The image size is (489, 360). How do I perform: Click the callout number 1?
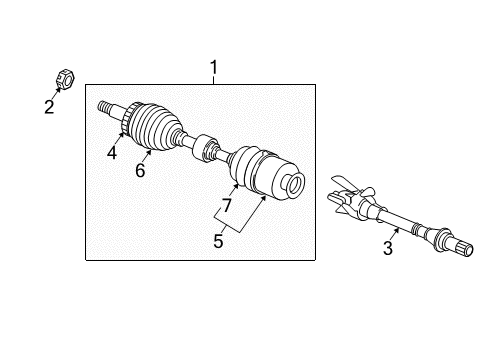213,67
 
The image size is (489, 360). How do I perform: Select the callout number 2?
49,107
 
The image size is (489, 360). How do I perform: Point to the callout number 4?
112,153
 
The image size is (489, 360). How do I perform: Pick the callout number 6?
140,171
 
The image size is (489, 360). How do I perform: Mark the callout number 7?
227,205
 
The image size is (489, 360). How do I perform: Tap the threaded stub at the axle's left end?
104,105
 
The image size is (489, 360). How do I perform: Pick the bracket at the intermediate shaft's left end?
347,198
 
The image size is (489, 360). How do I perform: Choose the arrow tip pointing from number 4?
122,131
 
